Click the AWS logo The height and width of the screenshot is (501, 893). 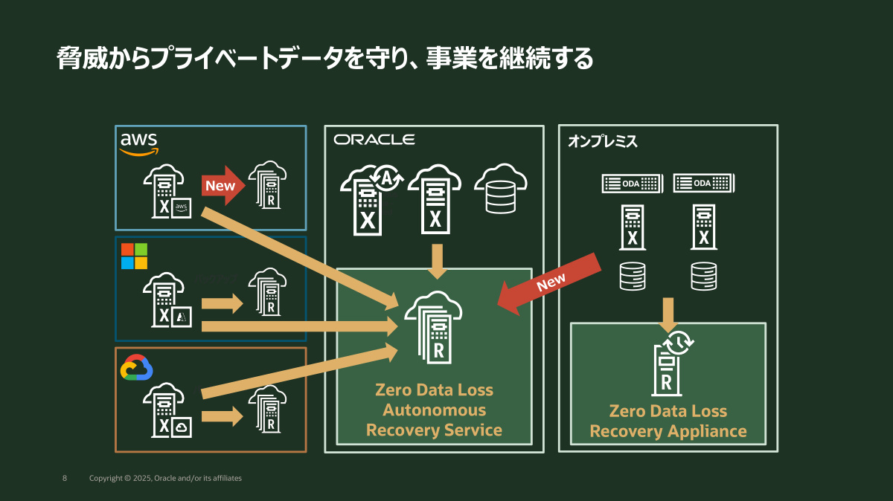(x=139, y=143)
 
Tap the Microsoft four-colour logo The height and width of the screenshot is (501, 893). (x=134, y=256)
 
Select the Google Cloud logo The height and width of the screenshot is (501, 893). (x=137, y=368)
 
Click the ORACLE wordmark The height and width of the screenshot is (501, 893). (x=374, y=140)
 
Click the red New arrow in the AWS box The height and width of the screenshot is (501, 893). (x=223, y=186)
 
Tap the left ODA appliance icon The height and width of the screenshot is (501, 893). (x=632, y=183)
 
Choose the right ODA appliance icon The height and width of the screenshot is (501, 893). (x=704, y=183)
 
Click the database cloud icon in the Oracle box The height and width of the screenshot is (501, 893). (x=500, y=190)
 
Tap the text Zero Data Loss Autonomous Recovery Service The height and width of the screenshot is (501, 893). (x=434, y=410)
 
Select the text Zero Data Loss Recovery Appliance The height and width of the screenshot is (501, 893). (x=668, y=421)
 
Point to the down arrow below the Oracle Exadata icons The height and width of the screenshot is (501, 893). (x=437, y=261)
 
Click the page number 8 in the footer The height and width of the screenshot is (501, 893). (x=65, y=478)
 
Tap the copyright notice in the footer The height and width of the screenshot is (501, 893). (x=165, y=478)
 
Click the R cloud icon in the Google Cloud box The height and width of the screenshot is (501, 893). (x=267, y=409)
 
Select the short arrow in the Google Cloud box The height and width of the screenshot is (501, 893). (x=222, y=416)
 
